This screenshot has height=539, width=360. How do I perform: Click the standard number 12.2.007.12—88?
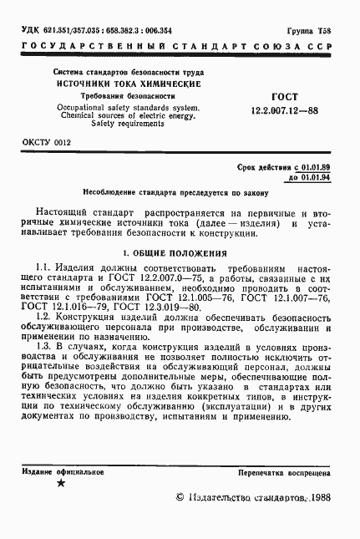pos(284,109)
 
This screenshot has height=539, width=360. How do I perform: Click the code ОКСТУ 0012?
pos(47,144)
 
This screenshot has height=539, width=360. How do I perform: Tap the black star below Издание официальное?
pos(59,483)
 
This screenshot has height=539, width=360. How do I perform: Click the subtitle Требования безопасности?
pos(127,96)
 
